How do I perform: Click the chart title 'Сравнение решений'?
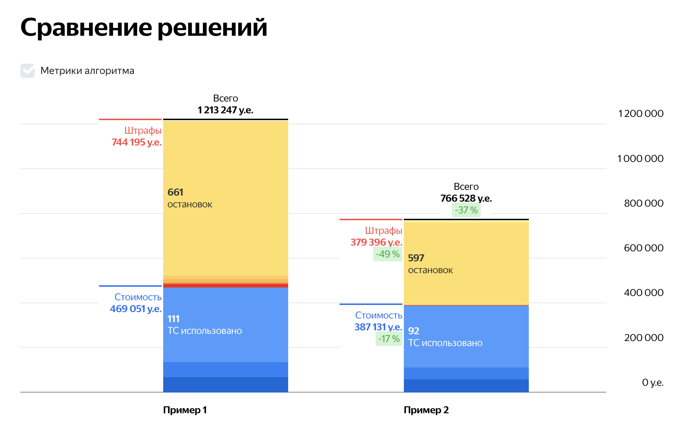pyautogui.click(x=144, y=28)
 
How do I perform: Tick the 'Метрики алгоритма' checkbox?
pyautogui.click(x=27, y=71)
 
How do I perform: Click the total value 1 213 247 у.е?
pyautogui.click(x=225, y=110)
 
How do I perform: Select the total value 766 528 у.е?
pyautogui.click(x=466, y=198)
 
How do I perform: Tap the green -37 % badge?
pyautogui.click(x=466, y=210)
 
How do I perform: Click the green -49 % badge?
pyautogui.click(x=387, y=254)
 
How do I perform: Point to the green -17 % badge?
pyautogui.click(x=389, y=339)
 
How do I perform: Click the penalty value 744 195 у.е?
pyautogui.click(x=136, y=142)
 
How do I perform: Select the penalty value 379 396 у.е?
pyautogui.click(x=376, y=242)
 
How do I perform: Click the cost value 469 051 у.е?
pyautogui.click(x=135, y=309)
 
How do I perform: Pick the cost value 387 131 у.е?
pyautogui.click(x=378, y=327)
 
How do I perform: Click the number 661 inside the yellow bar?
pyautogui.click(x=175, y=192)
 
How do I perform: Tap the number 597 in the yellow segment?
pyautogui.click(x=416, y=258)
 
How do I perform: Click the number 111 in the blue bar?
pyautogui.click(x=174, y=319)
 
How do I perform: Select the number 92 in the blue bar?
pyautogui.click(x=413, y=331)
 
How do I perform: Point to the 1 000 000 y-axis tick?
pyautogui.click(x=640, y=159)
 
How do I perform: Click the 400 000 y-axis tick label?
pyautogui.click(x=643, y=293)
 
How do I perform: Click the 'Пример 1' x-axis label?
pyautogui.click(x=185, y=410)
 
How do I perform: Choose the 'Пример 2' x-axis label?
pyautogui.click(x=426, y=410)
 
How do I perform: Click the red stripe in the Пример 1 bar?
pyautogui.click(x=225, y=286)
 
